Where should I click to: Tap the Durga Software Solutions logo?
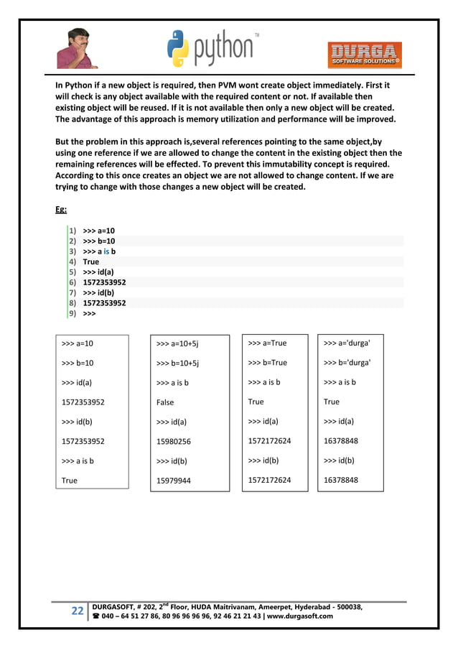[365, 55]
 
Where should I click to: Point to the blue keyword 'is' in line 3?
[106, 251]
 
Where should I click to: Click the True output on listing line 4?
[91, 261]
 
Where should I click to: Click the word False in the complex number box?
[165, 402]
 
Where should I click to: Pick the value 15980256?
[174, 441]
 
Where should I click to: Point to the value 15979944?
[174, 480]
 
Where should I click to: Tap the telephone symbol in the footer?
[98, 616]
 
